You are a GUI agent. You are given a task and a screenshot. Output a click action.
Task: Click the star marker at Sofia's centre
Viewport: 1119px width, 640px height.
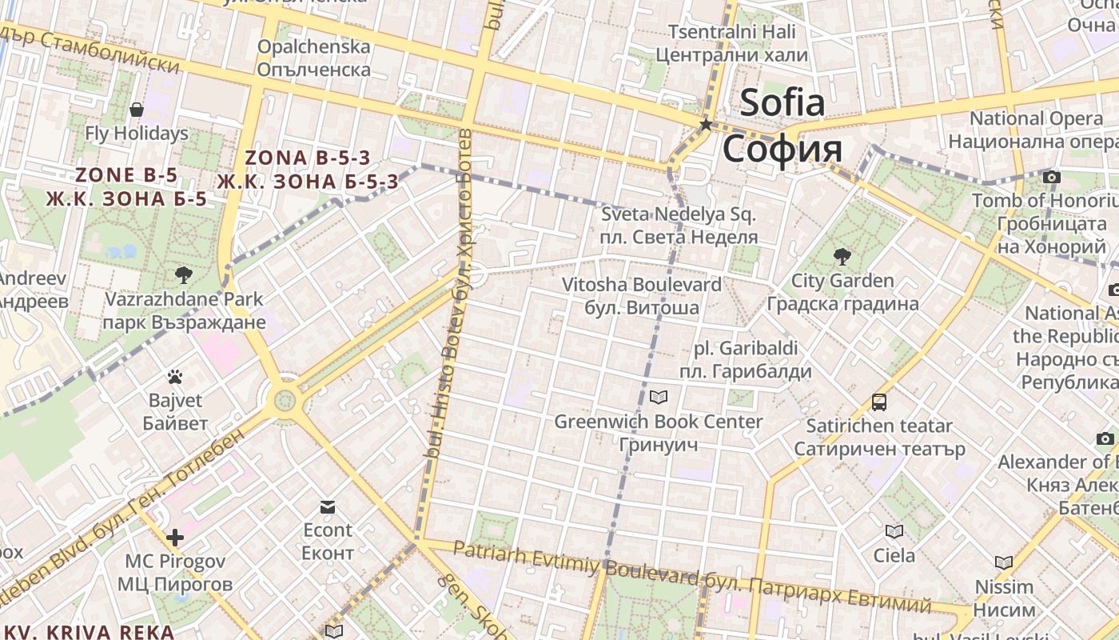tap(705, 125)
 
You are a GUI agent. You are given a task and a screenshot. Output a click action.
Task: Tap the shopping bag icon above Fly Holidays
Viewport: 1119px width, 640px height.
tap(137, 110)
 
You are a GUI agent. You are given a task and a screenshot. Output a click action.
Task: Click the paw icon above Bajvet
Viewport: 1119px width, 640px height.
tap(175, 376)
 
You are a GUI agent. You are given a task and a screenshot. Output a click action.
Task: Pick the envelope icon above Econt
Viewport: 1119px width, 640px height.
tap(328, 506)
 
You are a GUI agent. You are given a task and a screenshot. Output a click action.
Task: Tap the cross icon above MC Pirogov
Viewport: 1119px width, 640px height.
tap(175, 538)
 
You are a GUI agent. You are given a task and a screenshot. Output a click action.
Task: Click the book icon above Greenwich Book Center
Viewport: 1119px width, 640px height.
tap(658, 397)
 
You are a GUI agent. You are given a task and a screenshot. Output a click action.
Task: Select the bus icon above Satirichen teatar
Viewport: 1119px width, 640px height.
tap(879, 402)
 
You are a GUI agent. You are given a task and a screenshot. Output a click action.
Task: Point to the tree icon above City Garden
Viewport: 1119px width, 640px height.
tap(842, 257)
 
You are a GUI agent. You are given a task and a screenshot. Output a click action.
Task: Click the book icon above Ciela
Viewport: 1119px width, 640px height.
tap(894, 531)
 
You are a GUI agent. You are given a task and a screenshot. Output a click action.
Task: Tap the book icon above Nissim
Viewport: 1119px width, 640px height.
tap(1004, 562)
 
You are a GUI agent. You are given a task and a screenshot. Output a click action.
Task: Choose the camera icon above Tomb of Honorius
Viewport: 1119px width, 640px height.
tap(1051, 177)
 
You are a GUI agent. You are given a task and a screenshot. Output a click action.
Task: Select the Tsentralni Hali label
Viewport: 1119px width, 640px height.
tap(732, 32)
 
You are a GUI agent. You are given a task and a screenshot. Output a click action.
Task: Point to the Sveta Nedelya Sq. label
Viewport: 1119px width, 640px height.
tap(679, 214)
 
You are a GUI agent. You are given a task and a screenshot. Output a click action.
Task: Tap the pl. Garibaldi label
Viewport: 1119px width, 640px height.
tap(745, 349)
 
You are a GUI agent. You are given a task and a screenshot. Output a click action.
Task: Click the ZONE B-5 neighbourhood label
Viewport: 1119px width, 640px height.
tap(126, 175)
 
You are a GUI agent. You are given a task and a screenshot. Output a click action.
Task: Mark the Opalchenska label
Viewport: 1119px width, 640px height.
tap(313, 46)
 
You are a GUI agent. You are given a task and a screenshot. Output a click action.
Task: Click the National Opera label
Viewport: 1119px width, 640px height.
tap(1036, 118)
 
